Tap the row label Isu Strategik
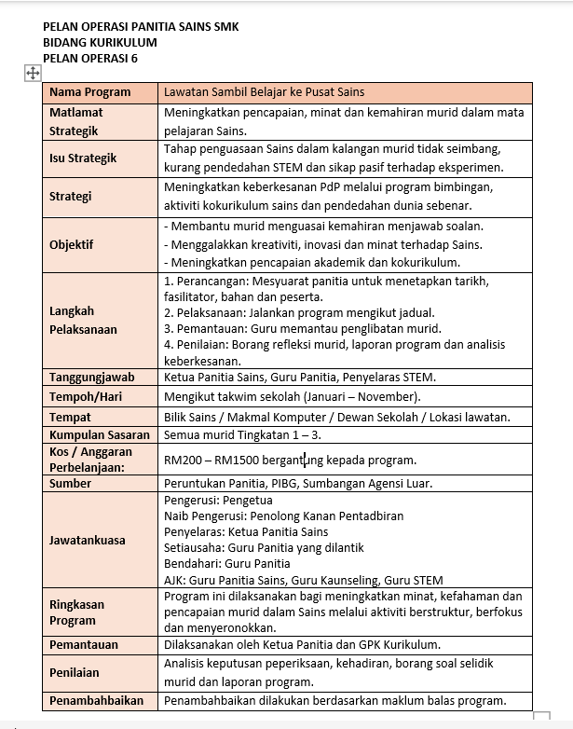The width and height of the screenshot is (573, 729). tap(83, 158)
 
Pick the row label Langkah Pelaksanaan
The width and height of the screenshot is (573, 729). tap(83, 320)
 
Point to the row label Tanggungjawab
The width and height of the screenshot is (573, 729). tap(91, 378)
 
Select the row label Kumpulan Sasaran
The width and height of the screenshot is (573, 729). tap(99, 434)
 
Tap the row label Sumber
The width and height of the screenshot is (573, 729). tap(70, 484)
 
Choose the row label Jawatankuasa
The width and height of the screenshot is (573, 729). tap(87, 540)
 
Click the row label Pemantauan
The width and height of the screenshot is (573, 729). tap(83, 644)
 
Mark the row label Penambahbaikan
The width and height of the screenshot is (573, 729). tap(95, 701)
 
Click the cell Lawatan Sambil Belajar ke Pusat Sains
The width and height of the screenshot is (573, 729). tap(263, 92)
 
